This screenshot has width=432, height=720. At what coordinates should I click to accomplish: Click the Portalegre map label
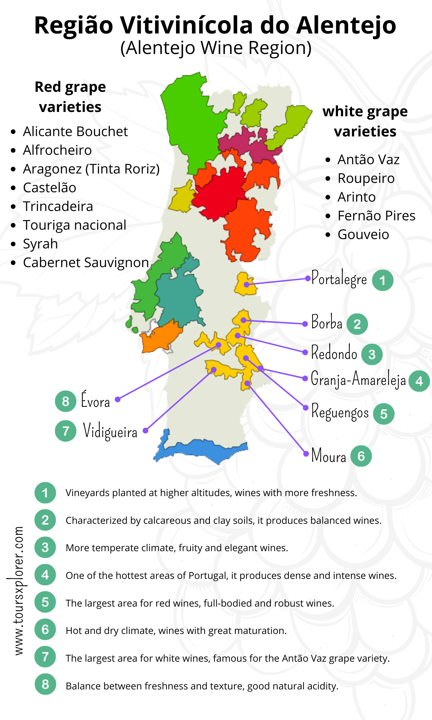[339, 279]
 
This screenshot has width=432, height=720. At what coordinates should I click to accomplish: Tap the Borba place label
[327, 322]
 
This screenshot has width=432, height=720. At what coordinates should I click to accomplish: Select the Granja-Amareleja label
[358, 379]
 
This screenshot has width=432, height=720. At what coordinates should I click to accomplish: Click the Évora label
[95, 401]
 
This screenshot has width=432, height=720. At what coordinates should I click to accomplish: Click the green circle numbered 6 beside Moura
[361, 456]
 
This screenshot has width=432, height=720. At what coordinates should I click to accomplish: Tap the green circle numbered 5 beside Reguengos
[383, 414]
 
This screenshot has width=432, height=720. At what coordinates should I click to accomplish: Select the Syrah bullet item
[40, 244]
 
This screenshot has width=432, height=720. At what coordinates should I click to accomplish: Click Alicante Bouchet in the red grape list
[75, 131]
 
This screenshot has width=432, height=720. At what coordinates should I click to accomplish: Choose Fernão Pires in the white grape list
[376, 216]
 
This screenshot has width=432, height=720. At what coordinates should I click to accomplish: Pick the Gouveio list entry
[363, 234]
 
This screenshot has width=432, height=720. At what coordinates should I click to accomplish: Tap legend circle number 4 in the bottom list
[45, 575]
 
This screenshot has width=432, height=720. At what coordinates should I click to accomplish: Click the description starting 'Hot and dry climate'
[176, 631]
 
